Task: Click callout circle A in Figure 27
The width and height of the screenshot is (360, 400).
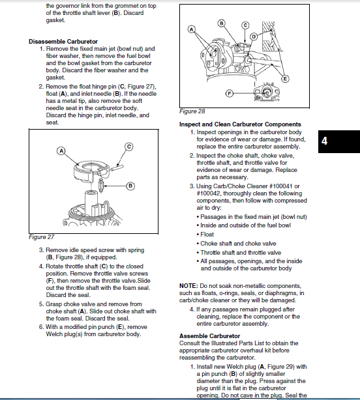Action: click(x=61, y=151)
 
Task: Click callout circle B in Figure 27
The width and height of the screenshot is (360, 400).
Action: click(x=130, y=186)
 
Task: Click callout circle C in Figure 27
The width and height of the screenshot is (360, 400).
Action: click(x=129, y=147)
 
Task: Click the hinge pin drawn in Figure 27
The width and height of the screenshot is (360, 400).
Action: click(x=117, y=168)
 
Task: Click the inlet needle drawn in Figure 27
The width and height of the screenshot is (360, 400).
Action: click(x=101, y=185)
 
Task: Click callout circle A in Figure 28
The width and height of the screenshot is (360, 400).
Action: click(x=192, y=29)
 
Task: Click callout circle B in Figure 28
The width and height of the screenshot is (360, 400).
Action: click(x=221, y=23)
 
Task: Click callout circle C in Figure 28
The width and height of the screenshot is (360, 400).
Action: click(x=245, y=25)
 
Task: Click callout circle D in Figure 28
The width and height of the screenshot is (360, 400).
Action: click(x=254, y=36)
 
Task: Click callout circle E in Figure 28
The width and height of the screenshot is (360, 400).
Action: click(x=285, y=79)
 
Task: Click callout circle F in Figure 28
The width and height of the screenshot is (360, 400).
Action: click(x=230, y=94)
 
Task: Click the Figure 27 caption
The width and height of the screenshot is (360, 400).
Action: click(x=41, y=237)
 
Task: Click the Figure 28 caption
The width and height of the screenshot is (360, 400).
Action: click(x=192, y=111)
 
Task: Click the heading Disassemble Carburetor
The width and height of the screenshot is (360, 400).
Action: click(x=63, y=42)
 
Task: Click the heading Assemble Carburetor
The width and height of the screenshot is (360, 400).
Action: click(x=209, y=336)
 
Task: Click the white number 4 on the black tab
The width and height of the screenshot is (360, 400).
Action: click(x=324, y=141)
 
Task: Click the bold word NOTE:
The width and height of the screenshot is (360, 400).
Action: click(x=188, y=286)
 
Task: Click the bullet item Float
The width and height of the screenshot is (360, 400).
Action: click(x=207, y=235)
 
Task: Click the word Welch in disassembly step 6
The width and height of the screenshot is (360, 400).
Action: click(x=53, y=334)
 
